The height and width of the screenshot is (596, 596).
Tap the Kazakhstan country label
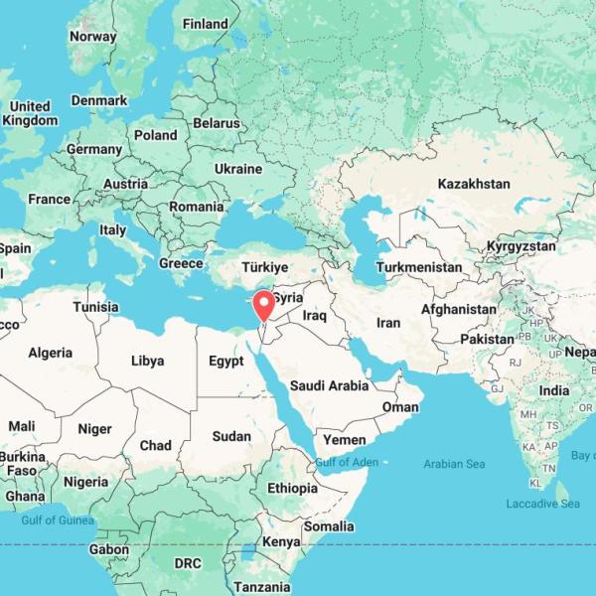473,184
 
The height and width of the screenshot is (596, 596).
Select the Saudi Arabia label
329,385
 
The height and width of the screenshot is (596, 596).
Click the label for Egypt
225,362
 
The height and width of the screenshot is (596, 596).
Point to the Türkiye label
265,267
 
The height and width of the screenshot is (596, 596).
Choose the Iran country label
387,323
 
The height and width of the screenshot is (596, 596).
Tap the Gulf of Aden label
347,462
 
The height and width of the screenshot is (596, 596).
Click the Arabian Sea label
454,464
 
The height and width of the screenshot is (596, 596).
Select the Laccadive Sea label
542,504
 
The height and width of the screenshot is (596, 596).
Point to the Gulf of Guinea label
58,520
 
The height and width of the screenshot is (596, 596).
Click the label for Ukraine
238,169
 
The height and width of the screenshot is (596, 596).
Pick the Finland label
206,24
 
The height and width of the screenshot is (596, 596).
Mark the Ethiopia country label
292,488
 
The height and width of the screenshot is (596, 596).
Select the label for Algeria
50,353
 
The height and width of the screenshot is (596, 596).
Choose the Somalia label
327,525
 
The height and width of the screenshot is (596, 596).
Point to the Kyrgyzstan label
521,245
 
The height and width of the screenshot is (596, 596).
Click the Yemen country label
344,439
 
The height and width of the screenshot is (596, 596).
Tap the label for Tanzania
262,587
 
